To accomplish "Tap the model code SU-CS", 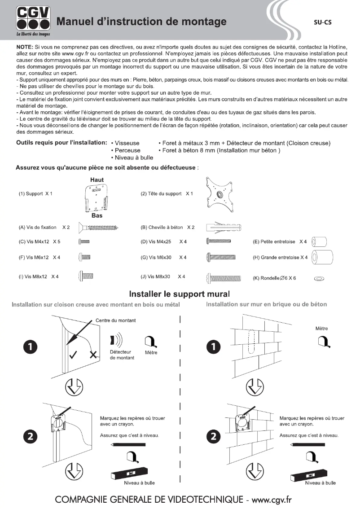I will (322, 22).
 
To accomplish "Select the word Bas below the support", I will (97, 215).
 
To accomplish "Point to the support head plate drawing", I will (220, 194).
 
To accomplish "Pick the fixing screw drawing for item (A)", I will (98, 228).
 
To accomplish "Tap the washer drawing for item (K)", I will (320, 278).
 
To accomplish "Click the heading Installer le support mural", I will (180, 294).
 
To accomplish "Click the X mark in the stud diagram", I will (93, 355).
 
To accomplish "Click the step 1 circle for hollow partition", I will (30, 347).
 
